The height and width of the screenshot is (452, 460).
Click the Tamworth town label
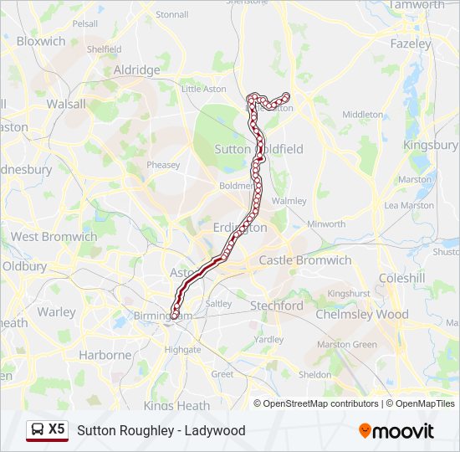pos(417,5)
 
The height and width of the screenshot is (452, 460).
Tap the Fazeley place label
pos(411,43)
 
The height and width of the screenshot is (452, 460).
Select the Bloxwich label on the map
pos(41,41)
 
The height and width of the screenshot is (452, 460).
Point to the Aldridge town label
pos(136,70)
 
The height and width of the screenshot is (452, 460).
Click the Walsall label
pos(66,105)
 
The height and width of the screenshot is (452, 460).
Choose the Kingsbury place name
pos(431,145)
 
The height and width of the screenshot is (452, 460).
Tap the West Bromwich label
pos(54,237)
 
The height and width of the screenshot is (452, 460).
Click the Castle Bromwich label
pos(305,260)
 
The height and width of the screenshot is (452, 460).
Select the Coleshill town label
pos(401,278)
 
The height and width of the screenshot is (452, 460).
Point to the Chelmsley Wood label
pos(362,315)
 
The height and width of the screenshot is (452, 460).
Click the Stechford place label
pos(277,306)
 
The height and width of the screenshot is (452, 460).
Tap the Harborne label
pos(105,355)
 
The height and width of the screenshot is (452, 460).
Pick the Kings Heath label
pos(176,406)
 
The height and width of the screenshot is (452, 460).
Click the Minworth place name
pos(326,224)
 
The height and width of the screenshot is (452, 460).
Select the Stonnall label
pos(172,14)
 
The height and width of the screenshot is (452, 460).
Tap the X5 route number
pos(56,429)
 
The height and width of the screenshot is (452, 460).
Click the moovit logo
pos(396,430)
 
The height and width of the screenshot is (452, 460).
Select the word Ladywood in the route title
pos(217,430)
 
